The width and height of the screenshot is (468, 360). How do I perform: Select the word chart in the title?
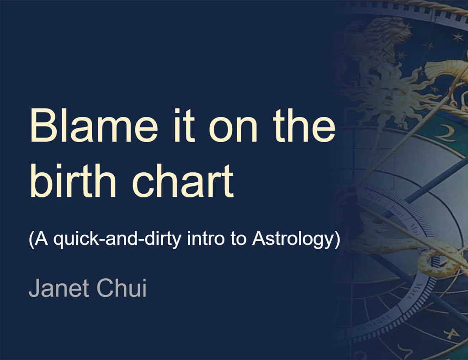pos(183,180)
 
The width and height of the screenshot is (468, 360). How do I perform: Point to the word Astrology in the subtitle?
pos(292,239)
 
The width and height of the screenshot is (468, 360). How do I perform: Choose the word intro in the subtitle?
pos(206,238)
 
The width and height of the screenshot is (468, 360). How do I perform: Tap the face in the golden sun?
pos(388,95)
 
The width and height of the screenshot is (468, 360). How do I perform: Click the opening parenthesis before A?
pos(31,239)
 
